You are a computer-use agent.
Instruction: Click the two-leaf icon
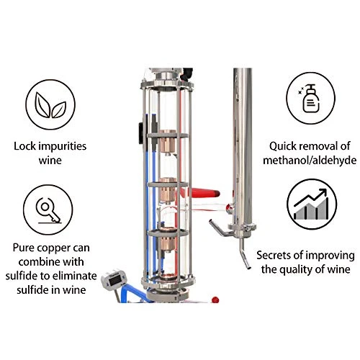pyautogui.click(x=50, y=105)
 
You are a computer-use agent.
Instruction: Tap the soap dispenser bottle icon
pyautogui.click(x=310, y=99)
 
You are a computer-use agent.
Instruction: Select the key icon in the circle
pyautogui.click(x=48, y=210)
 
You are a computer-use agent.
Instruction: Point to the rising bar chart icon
pyautogui.click(x=311, y=204)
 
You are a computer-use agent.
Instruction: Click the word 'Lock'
pyautogui.click(x=25, y=146)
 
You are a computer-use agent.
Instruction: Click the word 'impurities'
pyautogui.click(x=63, y=146)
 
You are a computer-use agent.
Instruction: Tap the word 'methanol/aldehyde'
pyautogui.click(x=310, y=161)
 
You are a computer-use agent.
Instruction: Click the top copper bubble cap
pyautogui.click(x=167, y=142)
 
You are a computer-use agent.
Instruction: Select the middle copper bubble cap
pyautogui.click(x=167, y=190)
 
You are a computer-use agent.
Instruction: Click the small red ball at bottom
pyautogui.click(x=215, y=300)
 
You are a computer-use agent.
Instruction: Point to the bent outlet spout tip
pyautogui.click(x=248, y=267)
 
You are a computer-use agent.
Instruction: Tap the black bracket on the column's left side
pyautogui.click(x=140, y=132)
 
